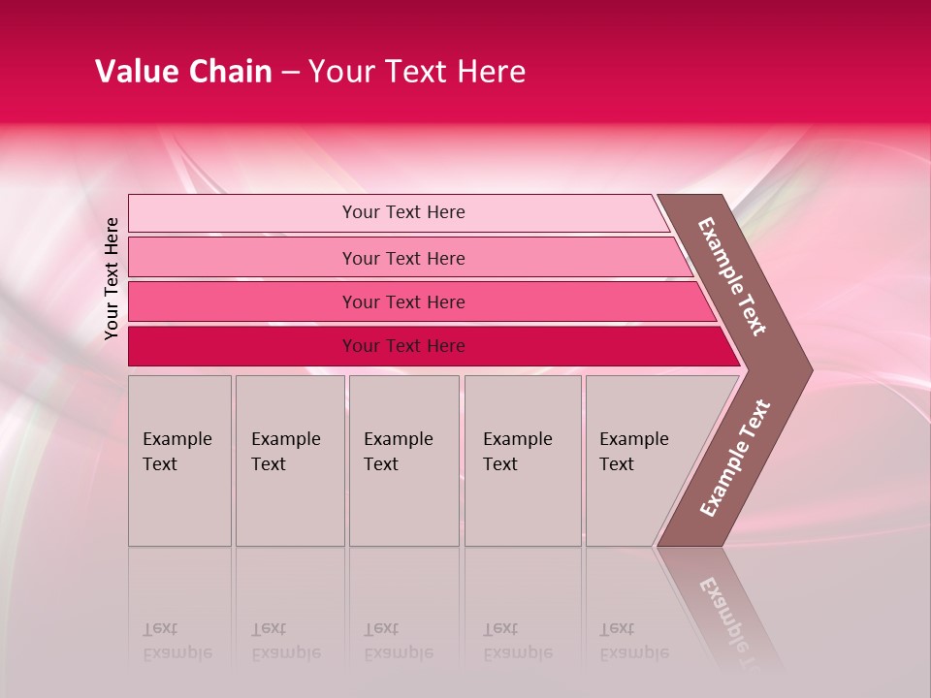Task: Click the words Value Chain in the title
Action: point(183,72)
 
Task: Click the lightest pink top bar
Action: point(242,213)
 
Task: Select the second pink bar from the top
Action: point(242,258)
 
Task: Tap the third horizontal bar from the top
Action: point(242,302)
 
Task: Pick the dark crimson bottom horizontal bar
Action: point(242,346)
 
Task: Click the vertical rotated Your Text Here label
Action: point(112,278)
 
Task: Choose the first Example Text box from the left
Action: point(180,460)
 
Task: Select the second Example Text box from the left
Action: point(290,460)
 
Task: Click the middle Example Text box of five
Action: point(403,460)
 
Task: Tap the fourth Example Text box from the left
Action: point(523,460)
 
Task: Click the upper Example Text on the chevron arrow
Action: point(732,275)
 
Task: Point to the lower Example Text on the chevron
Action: point(735,459)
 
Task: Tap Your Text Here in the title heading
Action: point(417,72)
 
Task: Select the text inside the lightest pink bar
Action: point(403,212)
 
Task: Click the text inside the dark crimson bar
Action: point(403,346)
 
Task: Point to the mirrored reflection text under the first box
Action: point(177,641)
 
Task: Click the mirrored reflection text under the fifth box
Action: point(633,641)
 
